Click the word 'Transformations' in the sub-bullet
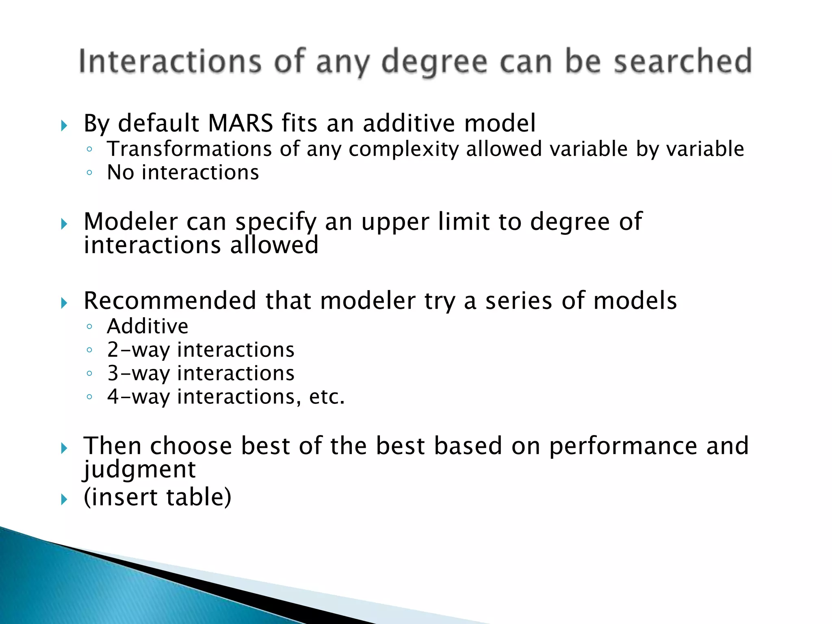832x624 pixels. [x=189, y=149]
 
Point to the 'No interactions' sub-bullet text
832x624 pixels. [x=183, y=172]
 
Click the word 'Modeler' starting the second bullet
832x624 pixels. [x=130, y=222]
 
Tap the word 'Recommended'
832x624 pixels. [x=170, y=301]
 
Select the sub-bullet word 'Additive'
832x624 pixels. [x=148, y=326]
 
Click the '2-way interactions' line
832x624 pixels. [x=201, y=350]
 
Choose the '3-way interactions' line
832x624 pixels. [x=201, y=373]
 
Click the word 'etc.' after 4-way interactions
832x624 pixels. [x=327, y=397]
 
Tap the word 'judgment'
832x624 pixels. [x=140, y=470]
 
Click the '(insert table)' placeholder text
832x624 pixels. [x=158, y=497]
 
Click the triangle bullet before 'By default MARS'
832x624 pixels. [x=64, y=126]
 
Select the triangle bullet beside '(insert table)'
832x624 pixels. [x=64, y=499]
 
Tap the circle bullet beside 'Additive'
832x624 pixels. [x=90, y=326]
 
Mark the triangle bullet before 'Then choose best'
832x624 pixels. [x=64, y=448]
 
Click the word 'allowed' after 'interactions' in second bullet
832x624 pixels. [x=274, y=245]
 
